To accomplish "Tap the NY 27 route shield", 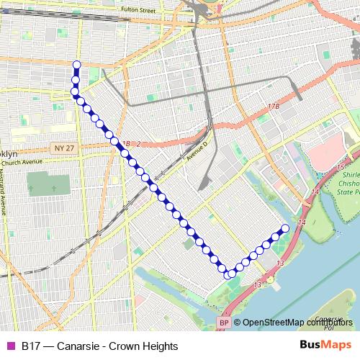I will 63,148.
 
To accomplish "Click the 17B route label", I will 273,106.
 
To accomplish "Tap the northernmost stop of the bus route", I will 76,65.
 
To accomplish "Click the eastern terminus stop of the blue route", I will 284,228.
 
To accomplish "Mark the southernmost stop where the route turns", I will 230,274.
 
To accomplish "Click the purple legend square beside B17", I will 10,346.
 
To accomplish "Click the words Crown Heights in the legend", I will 143,346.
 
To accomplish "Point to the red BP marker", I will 224,323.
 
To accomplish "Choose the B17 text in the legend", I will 30,346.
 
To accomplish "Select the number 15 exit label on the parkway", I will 339,168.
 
